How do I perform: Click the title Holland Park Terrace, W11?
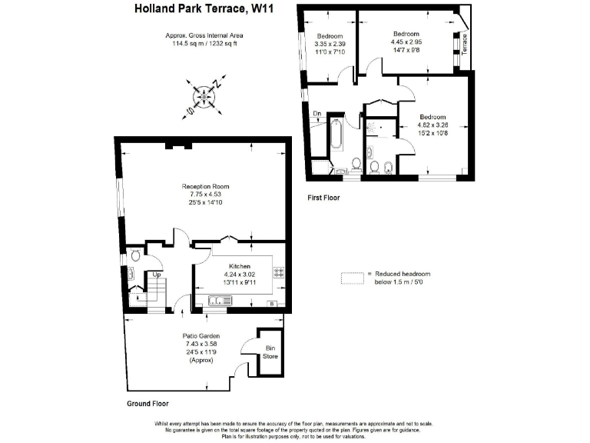204,9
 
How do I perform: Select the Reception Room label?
205,186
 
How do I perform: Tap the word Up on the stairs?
157,274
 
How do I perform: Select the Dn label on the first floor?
317,114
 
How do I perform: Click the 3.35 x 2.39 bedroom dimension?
330,44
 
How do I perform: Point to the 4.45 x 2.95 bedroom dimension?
406,43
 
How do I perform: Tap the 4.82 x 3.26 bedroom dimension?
431,125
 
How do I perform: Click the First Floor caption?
323,198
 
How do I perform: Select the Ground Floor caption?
147,403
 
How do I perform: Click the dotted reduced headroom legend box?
352,278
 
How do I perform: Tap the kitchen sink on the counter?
216,301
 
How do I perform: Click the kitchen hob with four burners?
278,272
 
